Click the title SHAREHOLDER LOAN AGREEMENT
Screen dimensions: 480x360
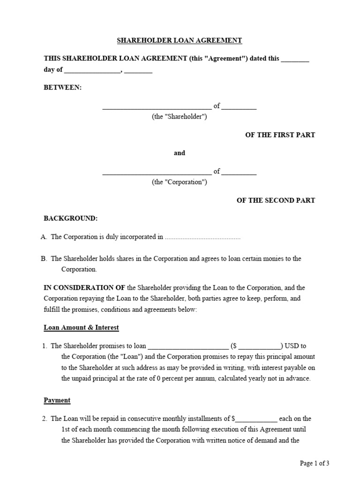[180, 41]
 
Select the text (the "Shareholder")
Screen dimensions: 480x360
[179, 117]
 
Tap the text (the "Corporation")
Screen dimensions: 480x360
[179, 182]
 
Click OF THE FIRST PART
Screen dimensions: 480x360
[280, 135]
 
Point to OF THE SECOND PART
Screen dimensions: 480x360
[276, 200]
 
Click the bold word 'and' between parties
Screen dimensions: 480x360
[180, 153]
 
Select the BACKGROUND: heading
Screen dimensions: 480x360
[70, 218]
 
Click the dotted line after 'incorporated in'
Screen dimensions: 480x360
[202, 238]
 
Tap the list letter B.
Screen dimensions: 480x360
[44, 259]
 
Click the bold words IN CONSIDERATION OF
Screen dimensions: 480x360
[84, 288]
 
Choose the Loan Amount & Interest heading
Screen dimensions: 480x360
[81, 328]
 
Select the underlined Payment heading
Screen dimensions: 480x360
[57, 400]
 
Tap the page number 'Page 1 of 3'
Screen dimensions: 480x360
[315, 464]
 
